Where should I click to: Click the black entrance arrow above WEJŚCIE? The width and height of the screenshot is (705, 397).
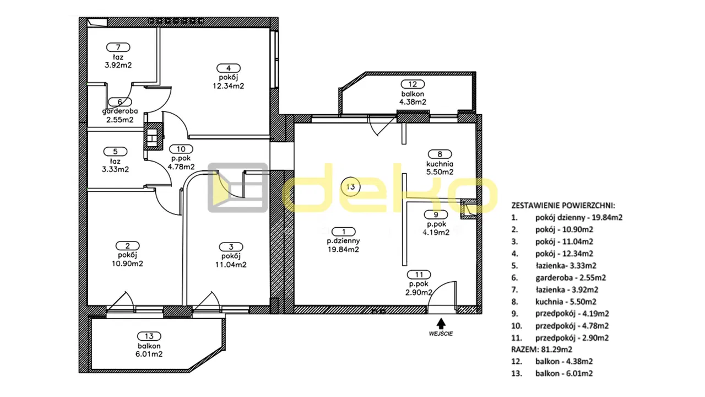pos(441,324)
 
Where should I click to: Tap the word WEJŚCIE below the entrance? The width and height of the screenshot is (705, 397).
pos(441,334)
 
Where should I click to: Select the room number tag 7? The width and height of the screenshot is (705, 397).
pos(118,47)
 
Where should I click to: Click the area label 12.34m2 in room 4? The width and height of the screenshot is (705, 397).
pos(229,86)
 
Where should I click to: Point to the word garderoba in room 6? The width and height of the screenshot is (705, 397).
pos(120,111)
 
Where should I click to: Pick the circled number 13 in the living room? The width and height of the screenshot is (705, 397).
pos(351,187)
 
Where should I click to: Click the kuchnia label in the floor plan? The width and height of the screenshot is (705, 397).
pos(440,164)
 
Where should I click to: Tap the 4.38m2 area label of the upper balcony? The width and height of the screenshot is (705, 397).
pos(413,102)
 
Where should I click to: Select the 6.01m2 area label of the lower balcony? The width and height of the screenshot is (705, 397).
pos(149,354)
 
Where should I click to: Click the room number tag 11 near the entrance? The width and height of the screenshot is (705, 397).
pos(419,275)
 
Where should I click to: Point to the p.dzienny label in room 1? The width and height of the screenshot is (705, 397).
pos(343,241)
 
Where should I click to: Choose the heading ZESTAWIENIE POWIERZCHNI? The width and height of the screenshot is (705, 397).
pos(563,206)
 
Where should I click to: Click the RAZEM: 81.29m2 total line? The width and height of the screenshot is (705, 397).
pos(541,350)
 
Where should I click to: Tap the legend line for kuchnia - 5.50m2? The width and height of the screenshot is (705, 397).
pos(554,302)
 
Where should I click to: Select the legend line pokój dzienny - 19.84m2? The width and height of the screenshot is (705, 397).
pos(567,217)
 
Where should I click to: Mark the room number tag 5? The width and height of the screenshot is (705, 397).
pos(115,152)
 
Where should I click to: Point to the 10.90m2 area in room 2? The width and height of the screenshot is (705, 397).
pos(127,264)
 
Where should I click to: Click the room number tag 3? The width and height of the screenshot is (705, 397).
pos(231,246)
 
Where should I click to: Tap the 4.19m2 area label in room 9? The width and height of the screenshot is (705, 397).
pos(436,233)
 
